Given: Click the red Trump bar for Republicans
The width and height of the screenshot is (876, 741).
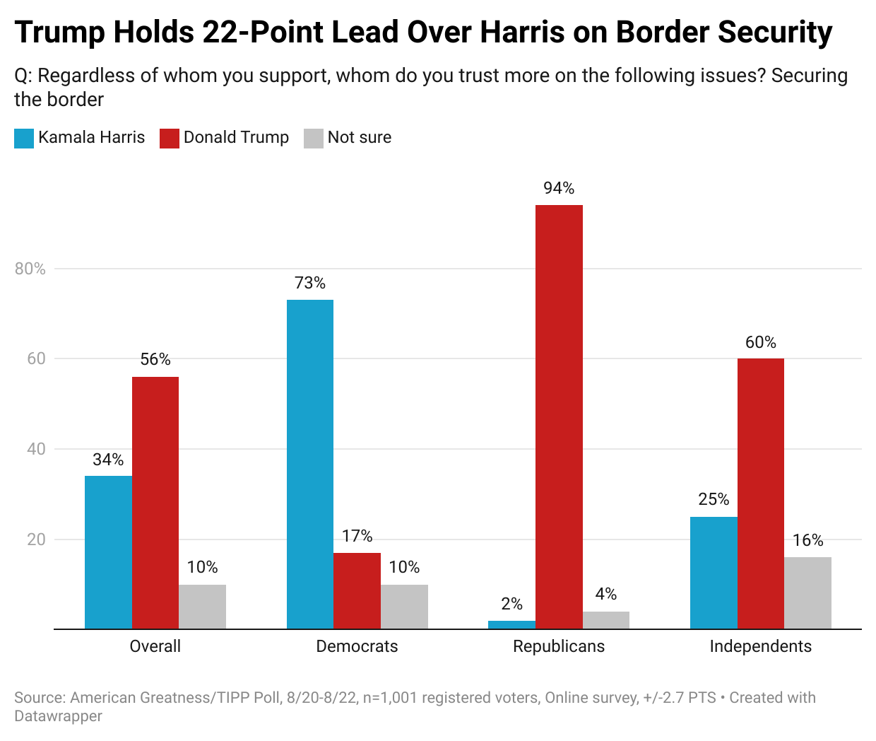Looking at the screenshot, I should [x=559, y=417].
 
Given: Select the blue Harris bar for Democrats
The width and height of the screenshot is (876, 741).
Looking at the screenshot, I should [x=310, y=465].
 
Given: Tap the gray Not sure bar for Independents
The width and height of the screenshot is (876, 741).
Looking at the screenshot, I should [x=807, y=593].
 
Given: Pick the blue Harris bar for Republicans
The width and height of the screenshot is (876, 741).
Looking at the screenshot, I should [x=511, y=625].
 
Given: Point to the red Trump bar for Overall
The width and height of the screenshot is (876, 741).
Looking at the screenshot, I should [x=155, y=503].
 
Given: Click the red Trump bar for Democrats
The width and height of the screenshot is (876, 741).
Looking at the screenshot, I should [x=357, y=591].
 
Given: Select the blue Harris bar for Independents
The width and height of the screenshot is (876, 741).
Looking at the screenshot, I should [x=714, y=573].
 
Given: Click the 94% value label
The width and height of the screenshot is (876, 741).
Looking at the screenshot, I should [x=559, y=188].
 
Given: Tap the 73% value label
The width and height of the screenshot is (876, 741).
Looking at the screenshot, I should [x=310, y=284].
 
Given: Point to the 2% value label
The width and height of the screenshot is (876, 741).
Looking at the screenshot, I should [x=511, y=604].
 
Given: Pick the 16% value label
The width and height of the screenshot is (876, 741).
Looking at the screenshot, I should [x=807, y=541].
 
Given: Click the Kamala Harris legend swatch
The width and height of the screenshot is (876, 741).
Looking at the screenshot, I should [x=24, y=138].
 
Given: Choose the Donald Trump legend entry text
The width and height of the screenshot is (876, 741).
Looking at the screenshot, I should [x=236, y=137].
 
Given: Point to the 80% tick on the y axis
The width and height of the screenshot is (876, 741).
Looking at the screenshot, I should [x=30, y=269].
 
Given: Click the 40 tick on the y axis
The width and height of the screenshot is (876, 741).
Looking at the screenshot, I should [x=36, y=449].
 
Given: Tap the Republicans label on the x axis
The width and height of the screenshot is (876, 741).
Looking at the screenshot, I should [x=559, y=646].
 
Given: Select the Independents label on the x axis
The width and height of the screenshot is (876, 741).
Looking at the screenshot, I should [x=760, y=646].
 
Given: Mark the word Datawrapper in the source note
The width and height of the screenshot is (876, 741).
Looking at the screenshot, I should [x=58, y=716].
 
